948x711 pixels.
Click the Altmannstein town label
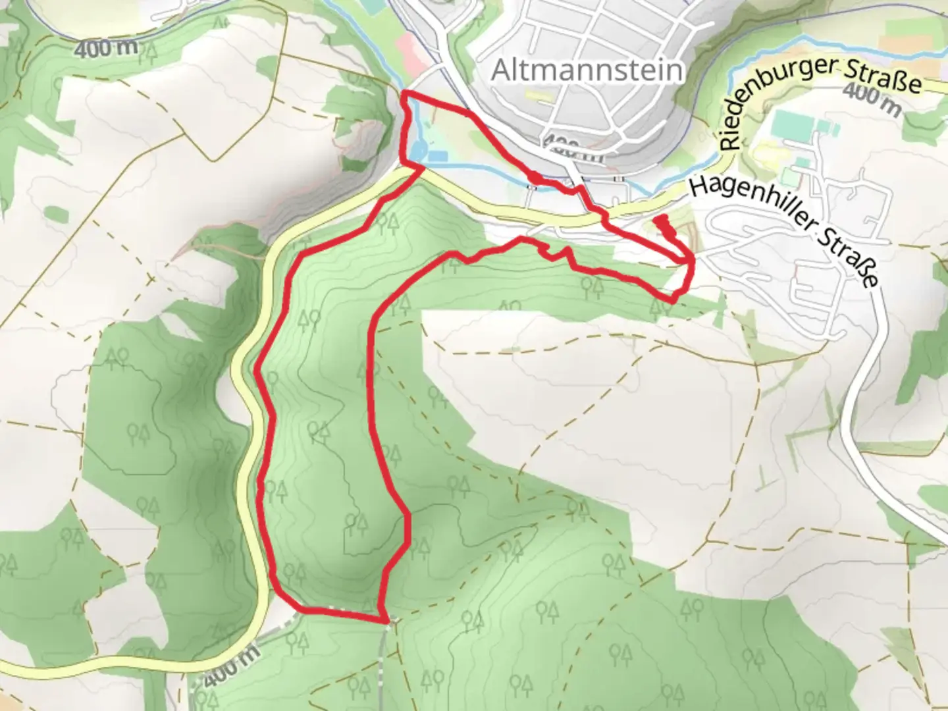click(x=587, y=70)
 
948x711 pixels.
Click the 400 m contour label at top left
click(x=106, y=48)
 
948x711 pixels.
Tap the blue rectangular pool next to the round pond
click(x=437, y=157)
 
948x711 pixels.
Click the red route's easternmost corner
click(x=693, y=263)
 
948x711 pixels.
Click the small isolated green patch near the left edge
click(x=56, y=215)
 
